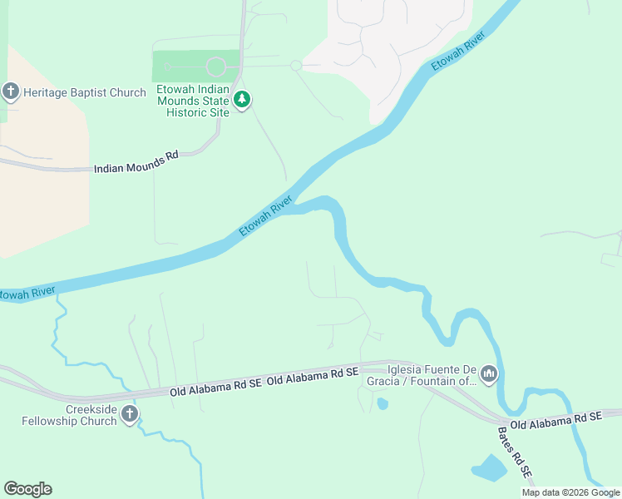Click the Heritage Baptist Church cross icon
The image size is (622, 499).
(11, 91)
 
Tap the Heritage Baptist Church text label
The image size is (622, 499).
(86, 92)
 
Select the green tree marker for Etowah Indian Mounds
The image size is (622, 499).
(242, 100)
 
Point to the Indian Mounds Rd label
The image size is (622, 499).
(136, 166)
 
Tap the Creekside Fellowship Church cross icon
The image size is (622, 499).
(129, 414)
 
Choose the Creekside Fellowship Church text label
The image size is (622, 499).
(69, 414)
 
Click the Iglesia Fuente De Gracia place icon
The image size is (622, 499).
(489, 375)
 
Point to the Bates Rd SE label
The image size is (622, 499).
(516, 454)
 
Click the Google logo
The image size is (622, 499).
(27, 488)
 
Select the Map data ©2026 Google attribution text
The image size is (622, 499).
(570, 492)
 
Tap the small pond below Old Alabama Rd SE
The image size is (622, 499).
(382, 404)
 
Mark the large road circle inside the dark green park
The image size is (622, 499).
(215, 66)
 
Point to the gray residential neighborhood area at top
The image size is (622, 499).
(399, 33)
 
